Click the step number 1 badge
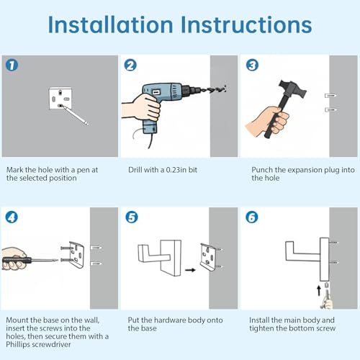(12, 65)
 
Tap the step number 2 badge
(130, 65)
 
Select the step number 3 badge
(252, 65)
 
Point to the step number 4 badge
(12, 217)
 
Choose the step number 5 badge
(132, 217)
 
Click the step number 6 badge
(252, 217)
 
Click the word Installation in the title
(110, 24)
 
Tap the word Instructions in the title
(246, 24)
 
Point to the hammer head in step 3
(292, 89)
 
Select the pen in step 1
(75, 115)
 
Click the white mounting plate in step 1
(60, 98)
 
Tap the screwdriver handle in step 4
(17, 261)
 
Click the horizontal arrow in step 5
(190, 270)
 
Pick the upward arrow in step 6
(319, 291)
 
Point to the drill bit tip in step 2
(225, 89)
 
